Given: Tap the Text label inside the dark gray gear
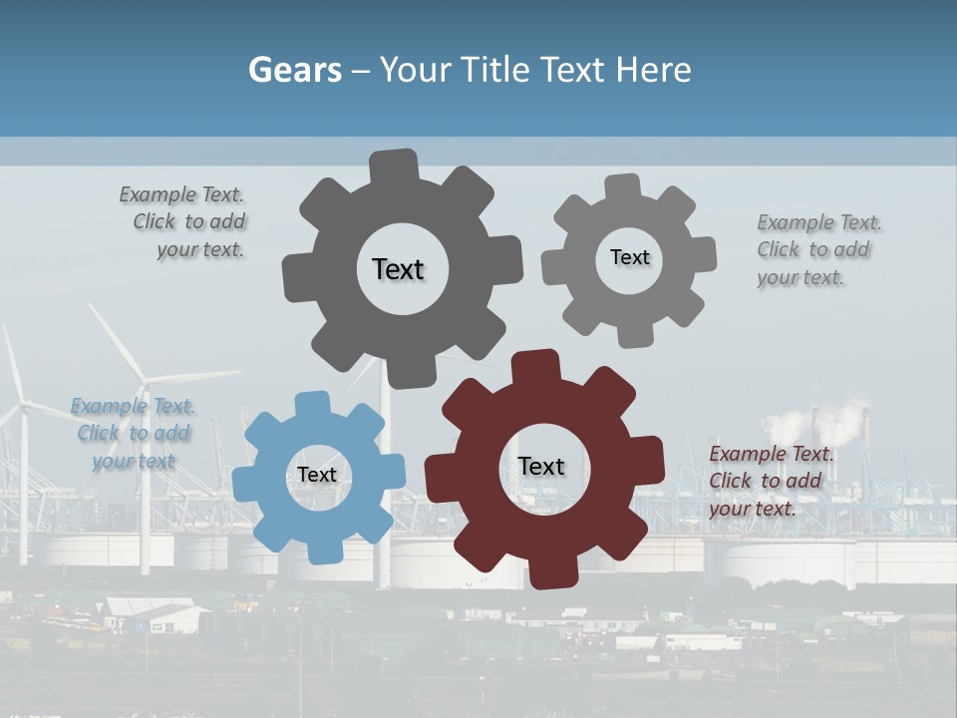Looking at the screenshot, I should coord(398,269).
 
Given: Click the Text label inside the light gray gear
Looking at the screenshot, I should coord(629,257).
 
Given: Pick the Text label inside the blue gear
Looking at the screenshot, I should coord(317,475).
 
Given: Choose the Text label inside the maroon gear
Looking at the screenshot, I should coord(541,466).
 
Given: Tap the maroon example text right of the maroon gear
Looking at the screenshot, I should coord(770,481).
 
